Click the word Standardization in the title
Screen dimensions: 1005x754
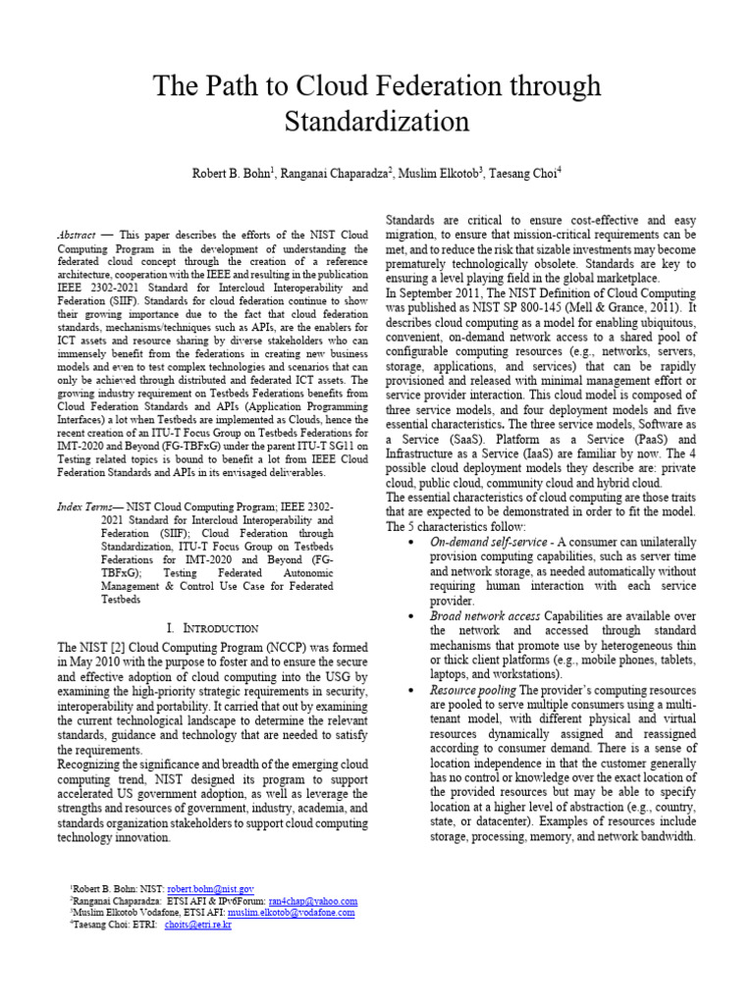coord(377,122)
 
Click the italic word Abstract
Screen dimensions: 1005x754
coord(77,237)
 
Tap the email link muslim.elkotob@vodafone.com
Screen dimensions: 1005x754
coord(293,912)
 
